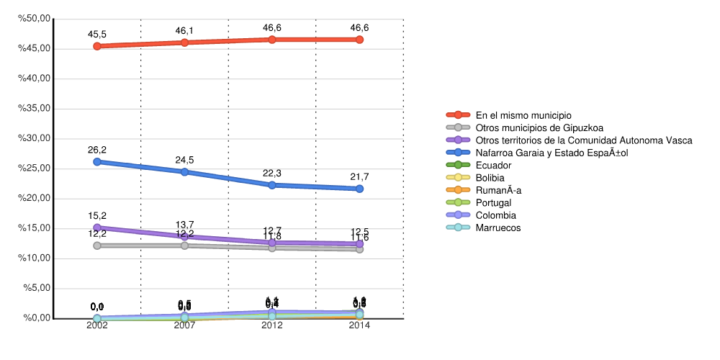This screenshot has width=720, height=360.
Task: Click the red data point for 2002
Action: point(97,46)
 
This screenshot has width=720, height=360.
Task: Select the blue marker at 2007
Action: point(185,172)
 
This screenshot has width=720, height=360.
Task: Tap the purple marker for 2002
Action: point(97,228)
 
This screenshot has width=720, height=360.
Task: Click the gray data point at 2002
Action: point(97,246)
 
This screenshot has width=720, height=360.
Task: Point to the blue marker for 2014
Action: point(359,189)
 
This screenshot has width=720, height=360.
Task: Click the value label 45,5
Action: point(97,33)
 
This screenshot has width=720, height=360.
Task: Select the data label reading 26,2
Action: point(97,150)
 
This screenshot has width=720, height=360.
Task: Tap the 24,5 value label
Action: point(185,160)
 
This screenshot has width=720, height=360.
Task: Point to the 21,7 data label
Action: point(359,176)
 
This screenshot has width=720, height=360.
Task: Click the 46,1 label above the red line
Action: point(185,30)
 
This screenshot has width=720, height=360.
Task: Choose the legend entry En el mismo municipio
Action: point(523,115)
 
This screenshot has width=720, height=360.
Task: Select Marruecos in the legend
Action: point(498,228)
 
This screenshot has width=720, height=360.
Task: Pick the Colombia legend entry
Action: point(496,215)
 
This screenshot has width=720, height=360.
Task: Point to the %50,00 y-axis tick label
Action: point(35,19)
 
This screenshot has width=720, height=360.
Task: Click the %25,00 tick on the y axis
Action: point(35,168)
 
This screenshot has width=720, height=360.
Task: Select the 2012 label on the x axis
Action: point(272,325)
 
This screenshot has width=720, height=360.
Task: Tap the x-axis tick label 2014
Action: point(359,325)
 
